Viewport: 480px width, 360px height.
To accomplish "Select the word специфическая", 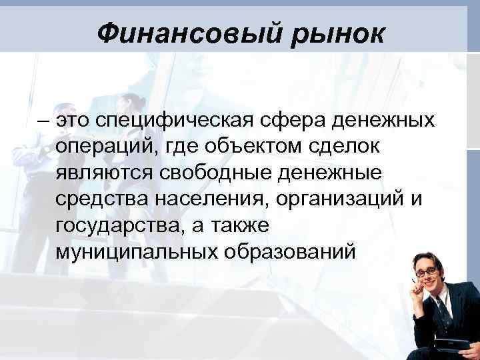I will coord(169,122).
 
